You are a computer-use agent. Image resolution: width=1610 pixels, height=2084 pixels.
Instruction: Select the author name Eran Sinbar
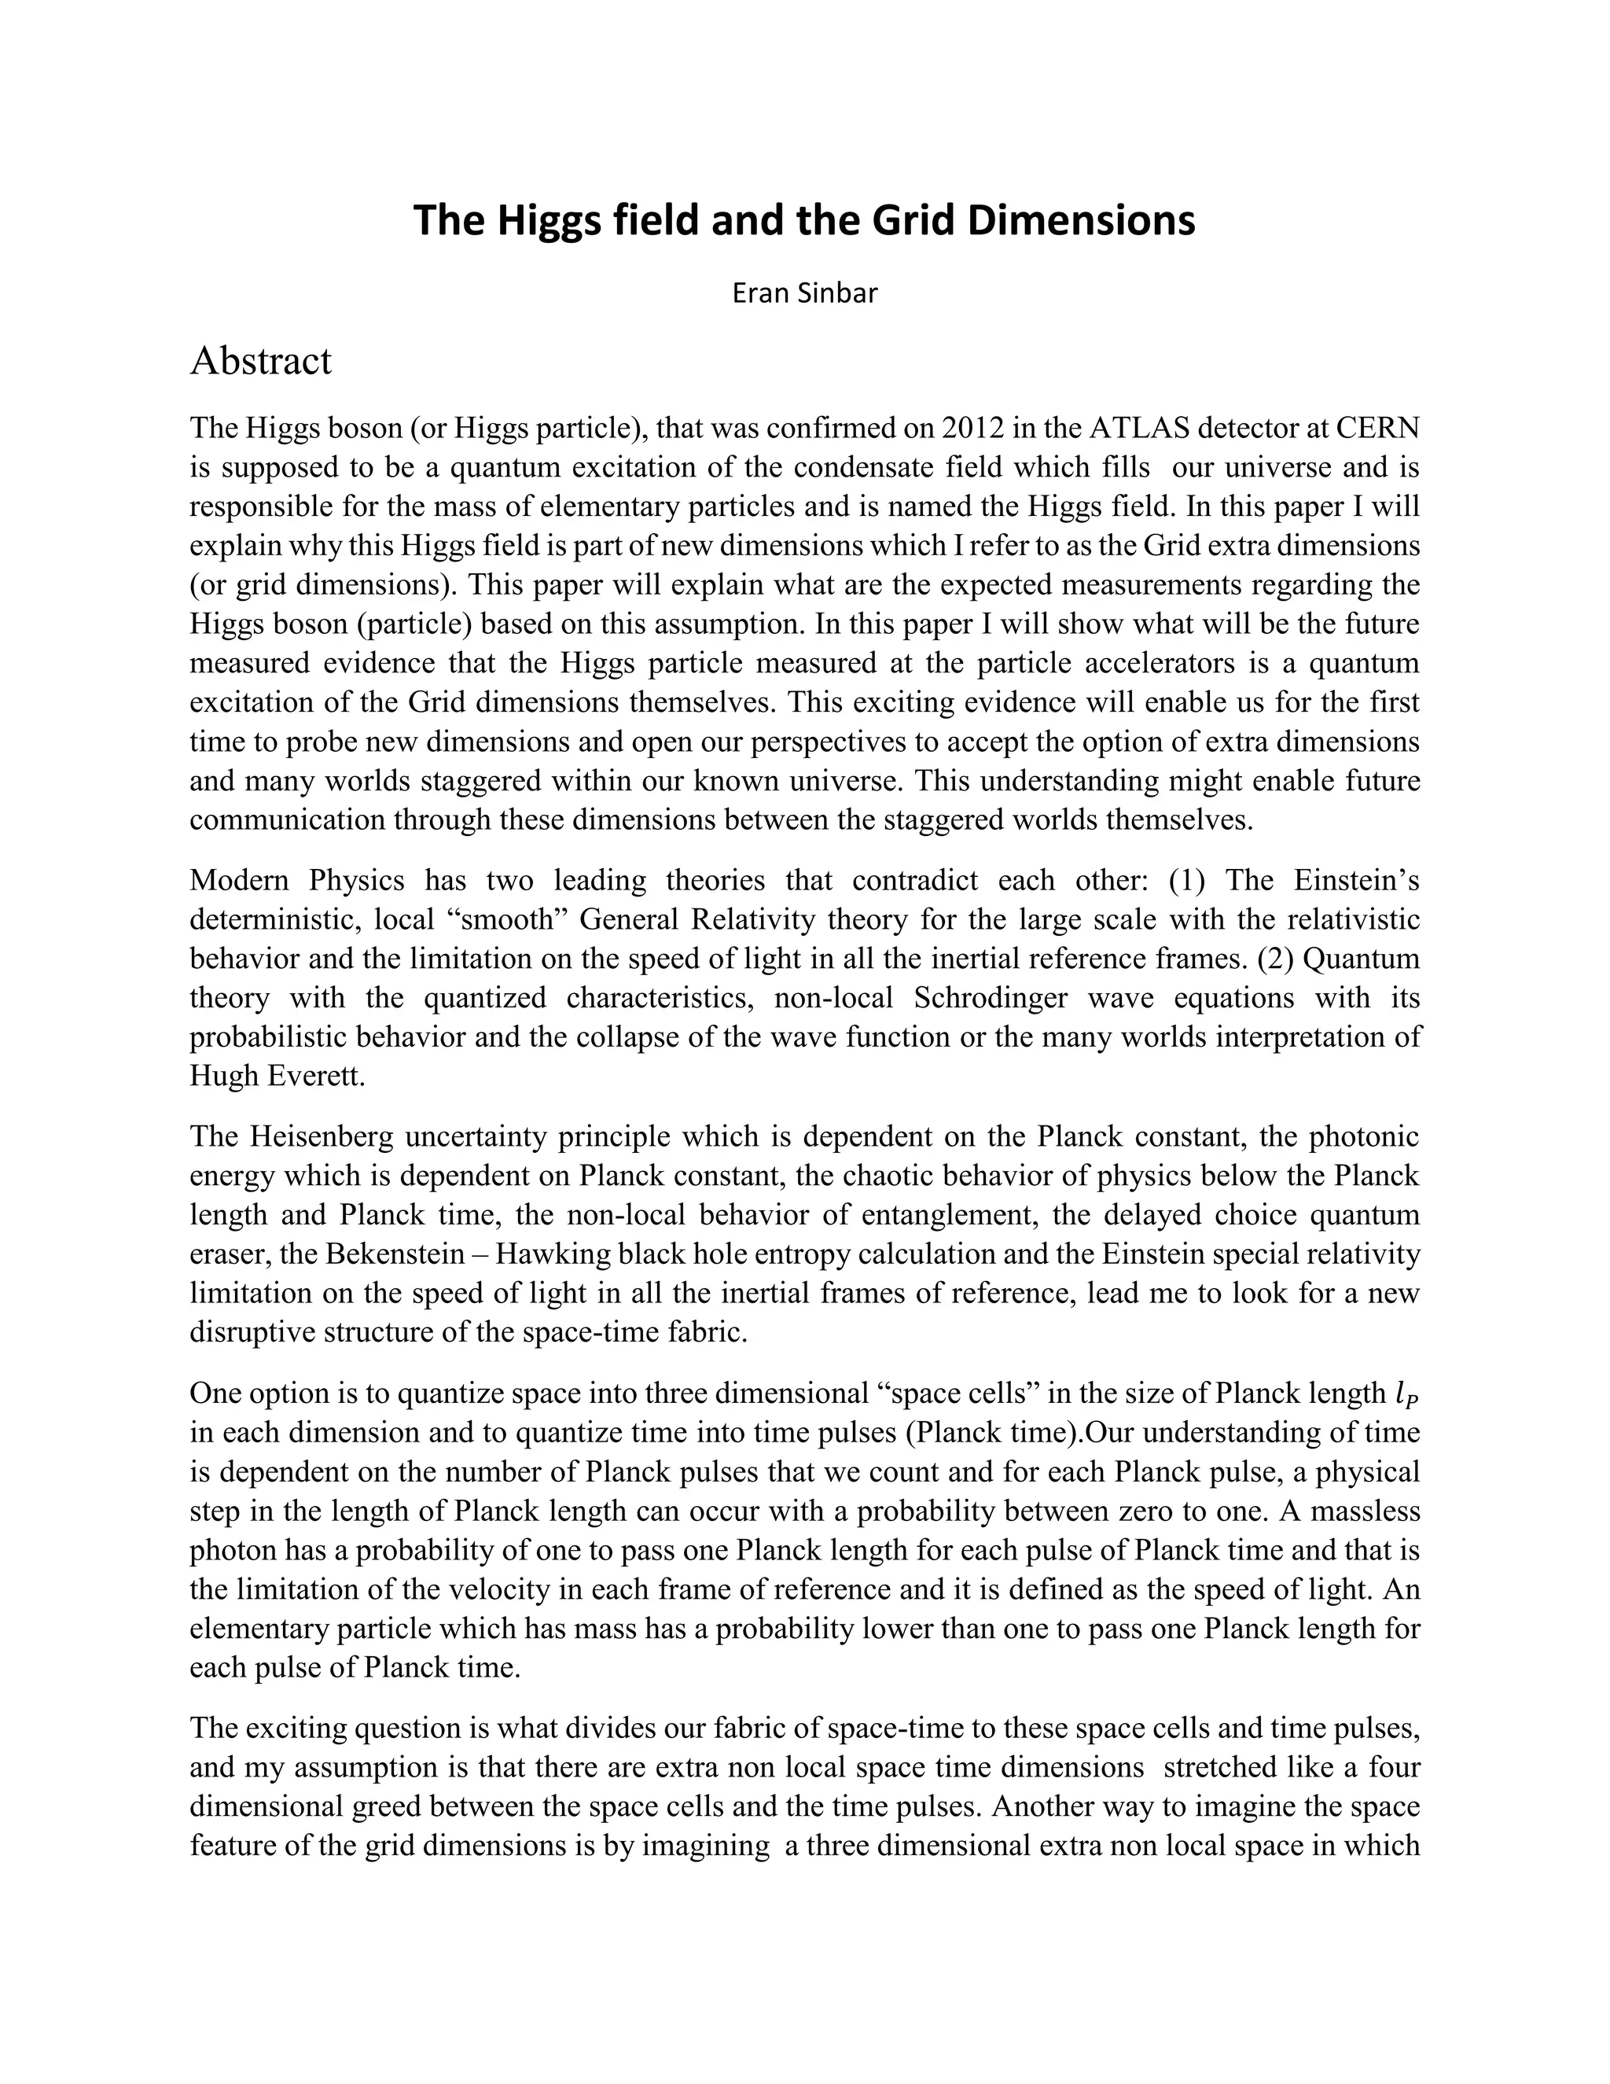[804, 293]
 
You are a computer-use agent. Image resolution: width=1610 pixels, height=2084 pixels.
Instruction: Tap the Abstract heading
[260, 362]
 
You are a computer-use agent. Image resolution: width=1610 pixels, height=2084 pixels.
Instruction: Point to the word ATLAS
[1138, 428]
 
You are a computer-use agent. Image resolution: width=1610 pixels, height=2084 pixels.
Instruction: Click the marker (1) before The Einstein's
[1186, 880]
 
